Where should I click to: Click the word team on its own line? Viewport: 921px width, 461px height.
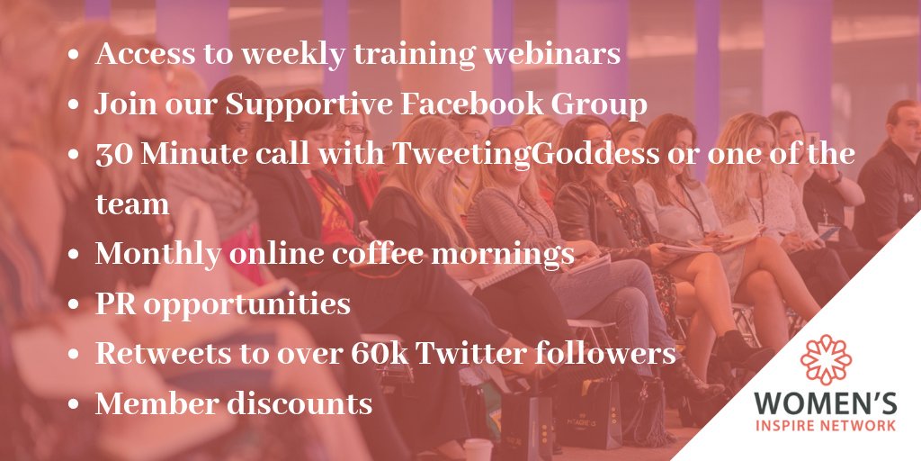point(132,204)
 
